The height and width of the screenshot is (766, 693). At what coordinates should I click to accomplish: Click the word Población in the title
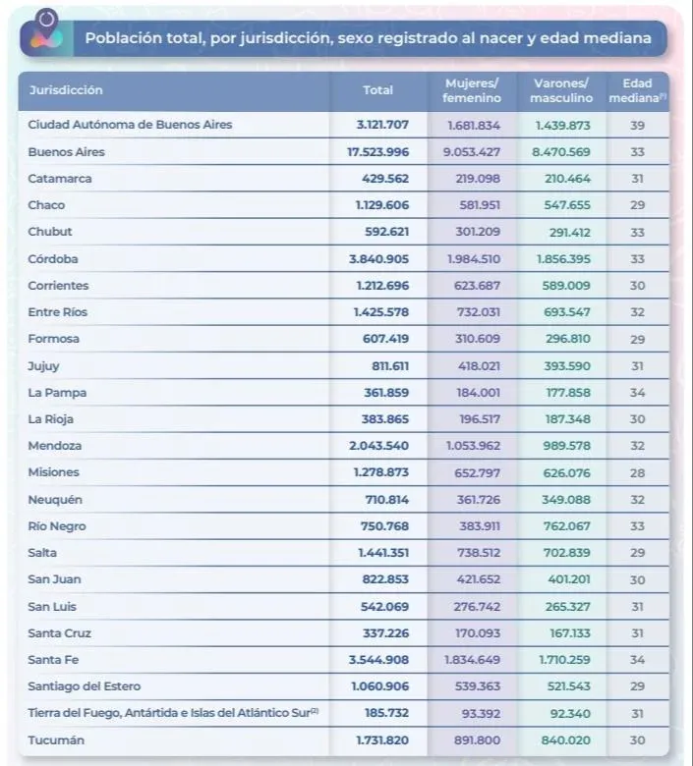tap(120, 39)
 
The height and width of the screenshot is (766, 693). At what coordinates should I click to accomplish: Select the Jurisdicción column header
tap(66, 90)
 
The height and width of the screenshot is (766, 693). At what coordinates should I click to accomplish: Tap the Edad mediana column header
tap(637, 90)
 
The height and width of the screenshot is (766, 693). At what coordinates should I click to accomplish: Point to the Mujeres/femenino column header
tap(472, 90)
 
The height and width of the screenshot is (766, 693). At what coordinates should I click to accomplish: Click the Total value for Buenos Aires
tap(377, 152)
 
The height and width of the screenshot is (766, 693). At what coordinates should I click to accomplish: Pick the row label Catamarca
tap(60, 179)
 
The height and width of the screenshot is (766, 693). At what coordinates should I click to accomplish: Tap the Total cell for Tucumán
tap(382, 739)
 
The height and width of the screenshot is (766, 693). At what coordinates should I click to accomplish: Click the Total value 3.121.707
tap(382, 126)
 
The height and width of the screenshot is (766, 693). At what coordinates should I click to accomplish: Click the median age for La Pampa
tap(637, 393)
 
